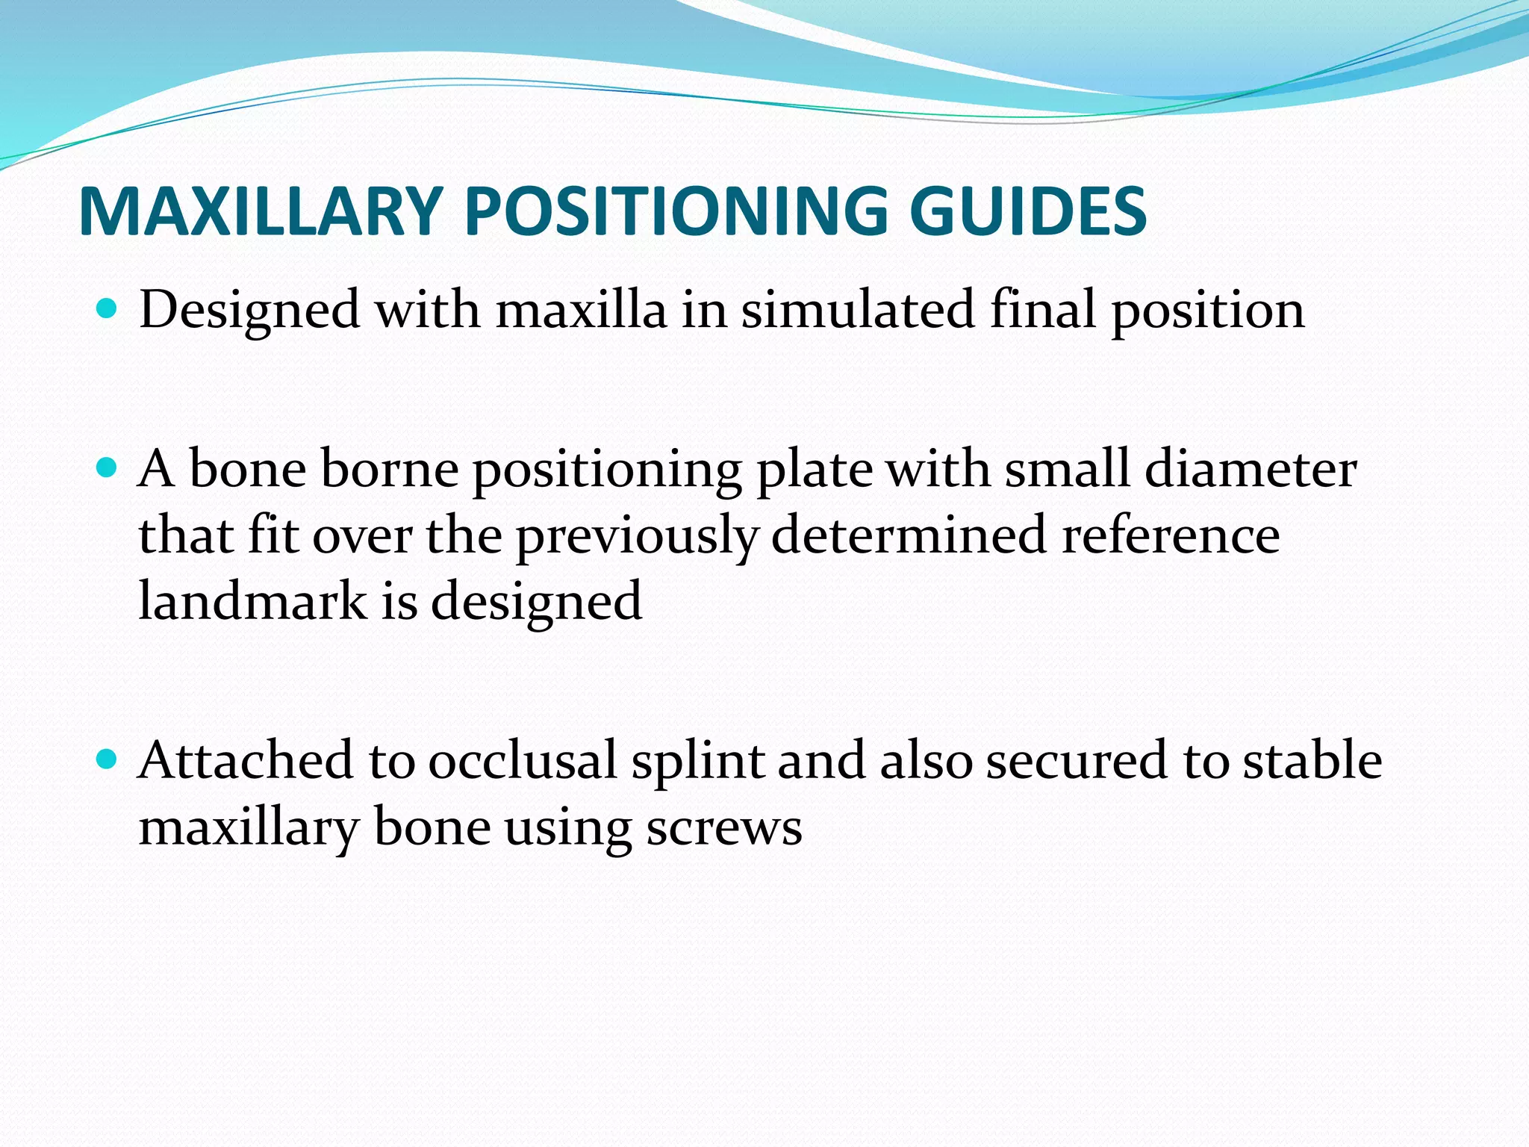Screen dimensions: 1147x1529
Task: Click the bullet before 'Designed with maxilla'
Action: [x=108, y=308]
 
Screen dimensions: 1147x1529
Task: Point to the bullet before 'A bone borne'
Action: [x=108, y=467]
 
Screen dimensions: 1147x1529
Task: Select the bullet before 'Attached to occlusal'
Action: [x=108, y=759]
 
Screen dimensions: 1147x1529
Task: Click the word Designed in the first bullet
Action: [x=249, y=311]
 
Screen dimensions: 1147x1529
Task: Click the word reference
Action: [x=1171, y=536]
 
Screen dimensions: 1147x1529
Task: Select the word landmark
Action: [x=252, y=600]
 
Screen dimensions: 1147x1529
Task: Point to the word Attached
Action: [x=245, y=760]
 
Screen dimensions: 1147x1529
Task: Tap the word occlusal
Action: [x=523, y=760]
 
